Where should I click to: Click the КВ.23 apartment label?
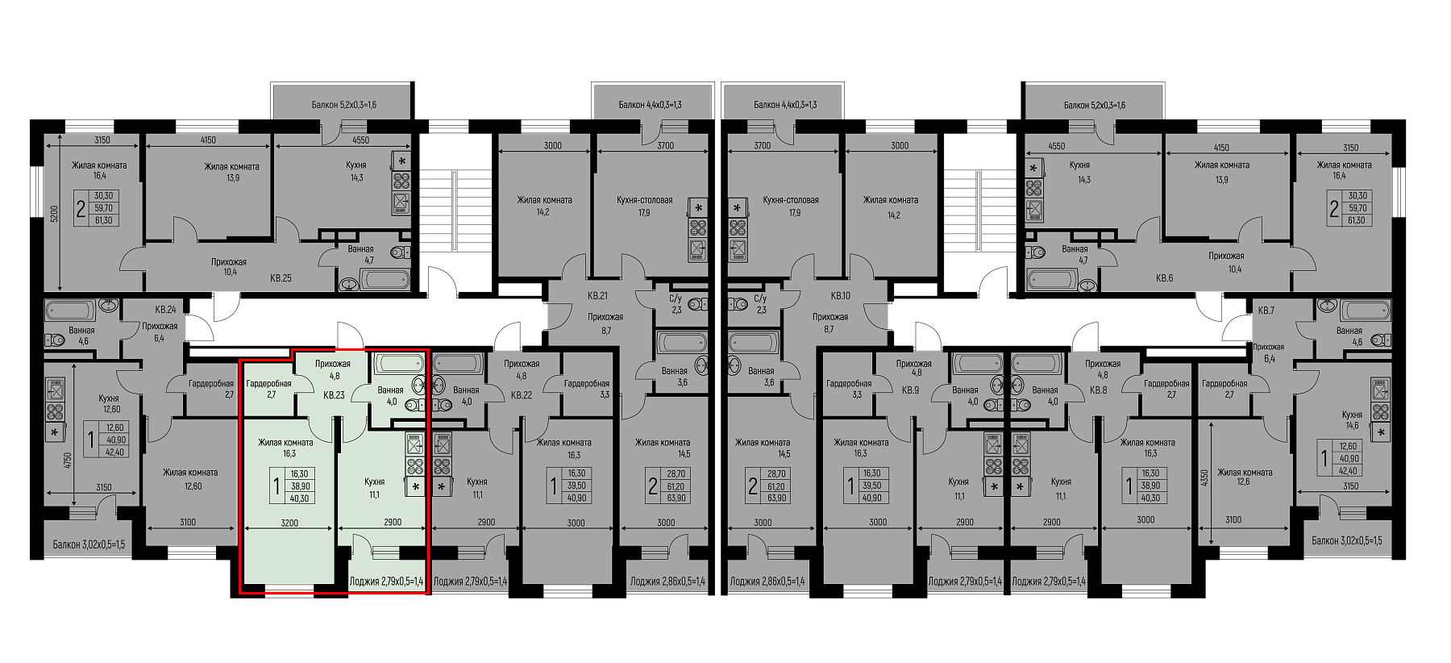click(x=334, y=395)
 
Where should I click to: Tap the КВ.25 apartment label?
click(x=281, y=278)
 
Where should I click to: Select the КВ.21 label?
click(x=597, y=295)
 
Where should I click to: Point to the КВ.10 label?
click(x=841, y=295)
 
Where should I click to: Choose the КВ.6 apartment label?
click(x=1164, y=278)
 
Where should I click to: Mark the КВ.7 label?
click(x=1266, y=311)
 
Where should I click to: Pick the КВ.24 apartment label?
click(x=165, y=309)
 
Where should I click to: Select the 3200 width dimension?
click(x=289, y=523)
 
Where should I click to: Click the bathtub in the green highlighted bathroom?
click(x=394, y=364)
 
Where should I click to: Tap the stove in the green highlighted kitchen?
click(x=414, y=454)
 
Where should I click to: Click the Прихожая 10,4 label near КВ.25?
click(x=229, y=267)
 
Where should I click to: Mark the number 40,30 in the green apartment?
click(x=299, y=498)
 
